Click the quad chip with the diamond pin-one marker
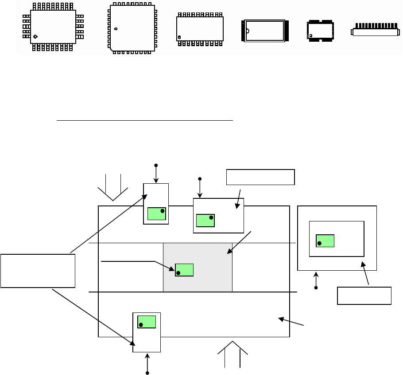[x=53, y=27]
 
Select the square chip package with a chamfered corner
[x=132, y=28]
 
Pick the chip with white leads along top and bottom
[x=200, y=29]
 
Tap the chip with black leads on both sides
[x=265, y=31]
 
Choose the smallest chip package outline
[x=320, y=30]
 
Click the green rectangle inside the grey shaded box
[x=184, y=270]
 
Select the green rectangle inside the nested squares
[x=325, y=241]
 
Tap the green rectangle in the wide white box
[x=205, y=221]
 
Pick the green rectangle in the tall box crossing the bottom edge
[x=147, y=322]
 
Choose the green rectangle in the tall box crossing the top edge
[x=156, y=213]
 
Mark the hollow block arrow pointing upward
[x=232, y=354]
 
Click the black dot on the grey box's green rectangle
[x=178, y=273]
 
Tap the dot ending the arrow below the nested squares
[x=316, y=288]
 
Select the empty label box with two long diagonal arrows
[x=38, y=271]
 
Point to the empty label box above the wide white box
[x=260, y=177]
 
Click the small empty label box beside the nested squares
[x=364, y=296]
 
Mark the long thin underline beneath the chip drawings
[x=144, y=120]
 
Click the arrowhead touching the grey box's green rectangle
[x=173, y=269]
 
